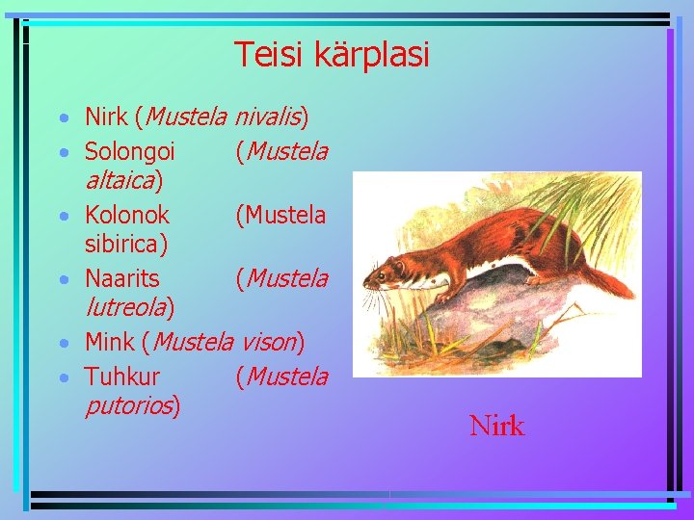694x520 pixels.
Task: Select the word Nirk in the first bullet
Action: tap(106, 118)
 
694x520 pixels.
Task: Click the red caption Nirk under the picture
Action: tap(496, 426)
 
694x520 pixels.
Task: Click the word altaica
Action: tap(121, 180)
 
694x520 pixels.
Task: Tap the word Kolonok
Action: tap(126, 215)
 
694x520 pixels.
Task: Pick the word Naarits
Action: tap(122, 278)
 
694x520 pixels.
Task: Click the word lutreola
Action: tap(126, 307)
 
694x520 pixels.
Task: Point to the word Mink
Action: tap(110, 342)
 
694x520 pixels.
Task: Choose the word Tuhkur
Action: tap(122, 376)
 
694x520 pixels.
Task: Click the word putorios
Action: tap(129, 405)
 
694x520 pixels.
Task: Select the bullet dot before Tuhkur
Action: tap(63, 377)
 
